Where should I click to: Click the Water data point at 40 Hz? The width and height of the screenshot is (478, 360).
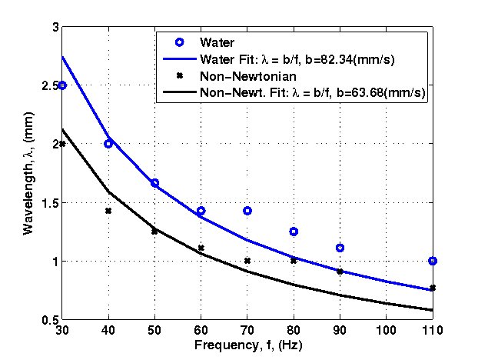[x=108, y=144]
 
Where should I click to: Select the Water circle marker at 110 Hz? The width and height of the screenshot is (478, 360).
[x=433, y=261]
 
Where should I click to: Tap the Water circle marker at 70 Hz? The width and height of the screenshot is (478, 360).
[x=247, y=211]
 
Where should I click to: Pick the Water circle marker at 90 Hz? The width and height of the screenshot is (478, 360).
[x=340, y=248]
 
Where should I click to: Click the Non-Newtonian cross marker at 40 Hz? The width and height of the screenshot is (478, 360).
[x=108, y=211]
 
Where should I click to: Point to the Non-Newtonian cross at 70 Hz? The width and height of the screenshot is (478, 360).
[x=247, y=261]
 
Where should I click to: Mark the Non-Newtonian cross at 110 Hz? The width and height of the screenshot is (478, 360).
[x=433, y=288]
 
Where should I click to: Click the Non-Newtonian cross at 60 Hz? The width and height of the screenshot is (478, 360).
[x=201, y=248]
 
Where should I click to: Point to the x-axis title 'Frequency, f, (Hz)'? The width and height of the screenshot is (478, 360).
[x=247, y=343]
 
